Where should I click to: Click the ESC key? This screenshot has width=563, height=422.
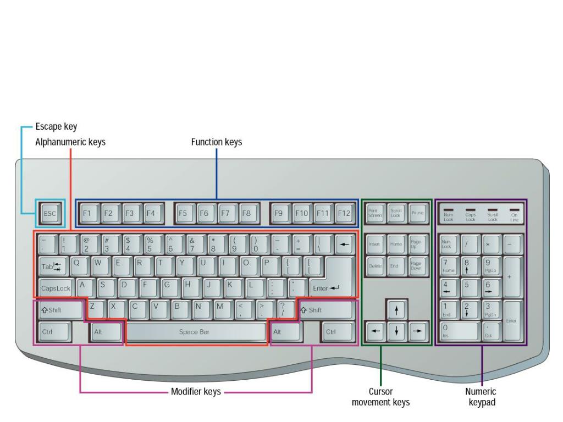pyautogui.click(x=49, y=214)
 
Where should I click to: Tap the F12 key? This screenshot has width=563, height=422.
pyautogui.click(x=344, y=213)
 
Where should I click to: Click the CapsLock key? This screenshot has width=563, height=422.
pyautogui.click(x=56, y=287)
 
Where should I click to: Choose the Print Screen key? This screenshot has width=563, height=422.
pyautogui.click(x=374, y=213)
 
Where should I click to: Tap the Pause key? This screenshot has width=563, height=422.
pyautogui.click(x=416, y=213)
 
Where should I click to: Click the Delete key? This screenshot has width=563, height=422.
pyautogui.click(x=374, y=265)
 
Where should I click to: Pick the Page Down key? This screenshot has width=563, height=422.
pyautogui.click(x=416, y=265)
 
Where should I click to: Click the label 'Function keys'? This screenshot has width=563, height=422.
pyautogui.click(x=216, y=142)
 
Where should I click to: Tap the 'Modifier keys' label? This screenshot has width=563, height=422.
pyautogui.click(x=196, y=392)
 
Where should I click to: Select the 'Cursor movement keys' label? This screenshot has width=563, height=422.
pyautogui.click(x=380, y=397)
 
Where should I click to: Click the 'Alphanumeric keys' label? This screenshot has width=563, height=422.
pyautogui.click(x=70, y=142)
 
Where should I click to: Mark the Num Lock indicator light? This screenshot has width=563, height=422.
pyautogui.click(x=449, y=210)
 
